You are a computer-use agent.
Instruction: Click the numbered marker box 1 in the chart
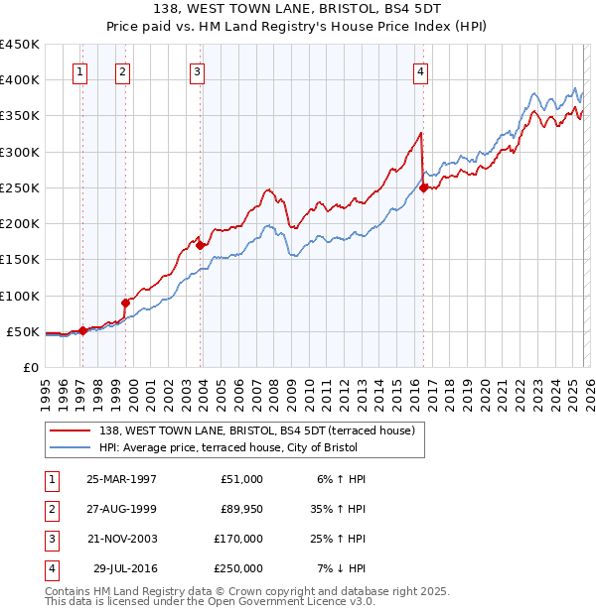click(78, 71)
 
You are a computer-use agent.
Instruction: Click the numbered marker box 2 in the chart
click(121, 71)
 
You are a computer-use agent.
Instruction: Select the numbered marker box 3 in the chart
click(197, 71)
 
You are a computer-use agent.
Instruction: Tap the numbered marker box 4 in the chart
click(421, 71)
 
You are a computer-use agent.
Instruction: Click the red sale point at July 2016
click(424, 186)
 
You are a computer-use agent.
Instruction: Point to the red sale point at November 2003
click(200, 245)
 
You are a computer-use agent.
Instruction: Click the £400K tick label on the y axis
click(20, 80)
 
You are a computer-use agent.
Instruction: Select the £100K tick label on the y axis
click(20, 296)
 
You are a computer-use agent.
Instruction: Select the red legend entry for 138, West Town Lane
click(262, 430)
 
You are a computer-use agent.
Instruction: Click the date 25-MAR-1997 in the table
click(121, 479)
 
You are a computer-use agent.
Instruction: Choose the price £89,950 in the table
click(238, 509)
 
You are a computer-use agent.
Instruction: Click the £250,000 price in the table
click(238, 568)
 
